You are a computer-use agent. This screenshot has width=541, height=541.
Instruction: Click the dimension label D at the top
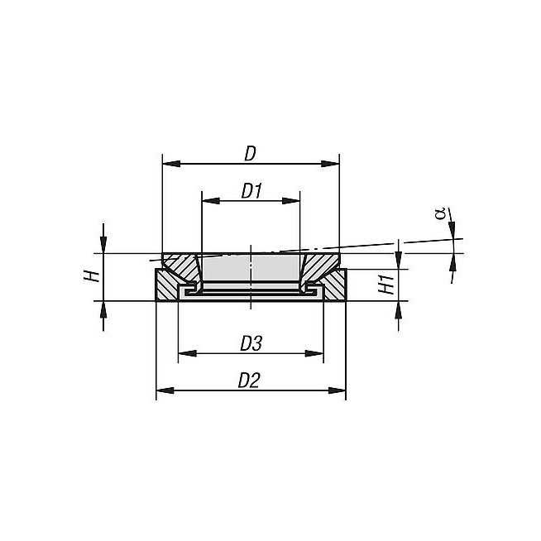coord(251,154)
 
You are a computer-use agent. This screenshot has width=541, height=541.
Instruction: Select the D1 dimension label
coord(251,191)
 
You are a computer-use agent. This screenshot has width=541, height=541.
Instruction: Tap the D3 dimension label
coord(251,343)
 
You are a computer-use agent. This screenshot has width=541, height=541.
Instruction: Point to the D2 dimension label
coord(249,381)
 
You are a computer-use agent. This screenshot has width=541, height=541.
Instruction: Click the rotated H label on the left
coord(92,276)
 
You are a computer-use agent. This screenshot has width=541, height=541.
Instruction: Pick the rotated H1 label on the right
coord(386,284)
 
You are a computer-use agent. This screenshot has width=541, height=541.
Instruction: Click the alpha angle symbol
coord(440,214)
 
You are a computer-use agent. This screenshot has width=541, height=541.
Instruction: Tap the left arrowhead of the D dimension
coord(171,164)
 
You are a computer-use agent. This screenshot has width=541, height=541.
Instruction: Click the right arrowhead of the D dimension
coord(330,164)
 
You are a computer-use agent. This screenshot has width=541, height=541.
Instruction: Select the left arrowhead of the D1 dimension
coord(211,201)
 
